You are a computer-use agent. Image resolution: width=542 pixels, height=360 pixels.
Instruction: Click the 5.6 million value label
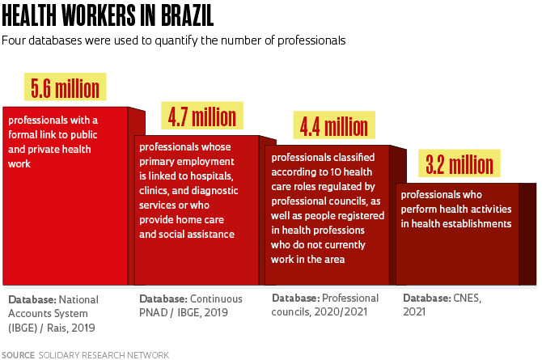pyautogui.click(x=66, y=87)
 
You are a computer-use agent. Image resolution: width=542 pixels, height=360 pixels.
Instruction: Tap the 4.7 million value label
pyautogui.click(x=201, y=116)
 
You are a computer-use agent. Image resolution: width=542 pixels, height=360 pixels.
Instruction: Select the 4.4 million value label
pyautogui.click(x=333, y=126)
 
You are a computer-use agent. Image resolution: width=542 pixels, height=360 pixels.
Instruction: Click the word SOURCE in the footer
pyautogui.click(x=18, y=354)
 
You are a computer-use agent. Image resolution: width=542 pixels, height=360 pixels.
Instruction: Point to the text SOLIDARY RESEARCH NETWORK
pyautogui.click(x=104, y=354)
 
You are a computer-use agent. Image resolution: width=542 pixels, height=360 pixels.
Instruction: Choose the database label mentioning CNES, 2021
pyautogui.click(x=442, y=306)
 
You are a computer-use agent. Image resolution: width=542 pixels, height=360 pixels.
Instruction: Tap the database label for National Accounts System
pyautogui.click(x=53, y=313)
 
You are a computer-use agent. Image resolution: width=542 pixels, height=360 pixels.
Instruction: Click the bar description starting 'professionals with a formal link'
pyautogui.click(x=53, y=142)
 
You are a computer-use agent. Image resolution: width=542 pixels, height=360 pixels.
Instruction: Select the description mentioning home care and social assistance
pyautogui.click(x=188, y=190)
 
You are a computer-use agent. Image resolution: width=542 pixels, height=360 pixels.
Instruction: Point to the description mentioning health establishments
pyautogui.click(x=455, y=209)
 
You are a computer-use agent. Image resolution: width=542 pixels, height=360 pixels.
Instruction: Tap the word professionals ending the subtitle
pyautogui.click(x=315, y=40)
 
